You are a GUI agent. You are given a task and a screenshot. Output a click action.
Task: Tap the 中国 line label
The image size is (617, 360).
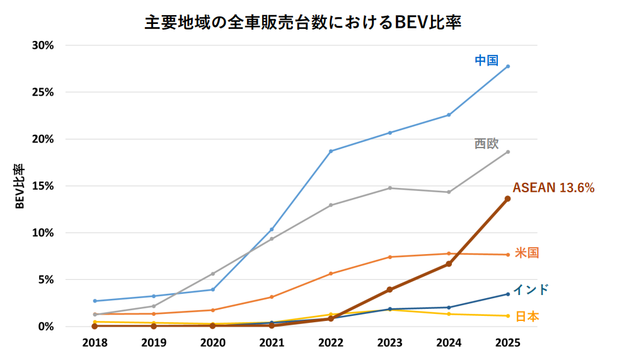(x=486, y=61)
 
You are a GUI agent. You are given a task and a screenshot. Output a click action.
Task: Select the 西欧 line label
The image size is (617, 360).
(x=486, y=144)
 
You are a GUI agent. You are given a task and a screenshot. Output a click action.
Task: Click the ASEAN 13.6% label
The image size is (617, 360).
(x=553, y=187)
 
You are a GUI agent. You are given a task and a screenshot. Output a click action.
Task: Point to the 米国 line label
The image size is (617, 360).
(x=526, y=253)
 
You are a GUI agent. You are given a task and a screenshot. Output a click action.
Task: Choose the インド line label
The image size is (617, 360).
(x=530, y=289)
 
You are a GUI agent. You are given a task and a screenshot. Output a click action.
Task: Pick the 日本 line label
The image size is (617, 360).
(x=527, y=316)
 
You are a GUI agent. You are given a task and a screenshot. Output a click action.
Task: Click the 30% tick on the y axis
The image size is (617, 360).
(x=43, y=45)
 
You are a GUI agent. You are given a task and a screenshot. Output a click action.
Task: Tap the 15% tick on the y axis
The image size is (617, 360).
(x=43, y=186)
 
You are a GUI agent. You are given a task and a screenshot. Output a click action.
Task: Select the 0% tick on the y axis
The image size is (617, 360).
(x=46, y=327)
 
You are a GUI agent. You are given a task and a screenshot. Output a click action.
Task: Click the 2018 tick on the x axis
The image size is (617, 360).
(x=95, y=342)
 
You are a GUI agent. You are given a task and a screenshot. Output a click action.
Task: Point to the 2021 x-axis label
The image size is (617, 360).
(x=272, y=342)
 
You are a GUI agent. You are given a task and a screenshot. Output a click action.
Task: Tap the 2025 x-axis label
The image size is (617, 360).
(x=507, y=342)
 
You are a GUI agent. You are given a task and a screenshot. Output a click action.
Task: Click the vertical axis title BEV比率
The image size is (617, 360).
(x=20, y=186)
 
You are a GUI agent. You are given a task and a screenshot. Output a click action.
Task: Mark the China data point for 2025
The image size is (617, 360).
(x=507, y=66)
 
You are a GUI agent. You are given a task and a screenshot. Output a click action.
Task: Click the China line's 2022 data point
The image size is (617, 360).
(x=331, y=151)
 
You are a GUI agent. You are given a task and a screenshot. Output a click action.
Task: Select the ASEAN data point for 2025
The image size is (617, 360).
(x=507, y=199)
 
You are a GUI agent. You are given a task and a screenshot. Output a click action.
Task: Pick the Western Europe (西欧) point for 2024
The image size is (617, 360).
(x=449, y=192)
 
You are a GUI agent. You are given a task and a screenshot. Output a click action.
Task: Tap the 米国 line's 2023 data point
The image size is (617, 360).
(x=389, y=257)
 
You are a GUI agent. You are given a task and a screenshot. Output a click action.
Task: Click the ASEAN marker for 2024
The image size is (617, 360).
(x=449, y=264)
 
